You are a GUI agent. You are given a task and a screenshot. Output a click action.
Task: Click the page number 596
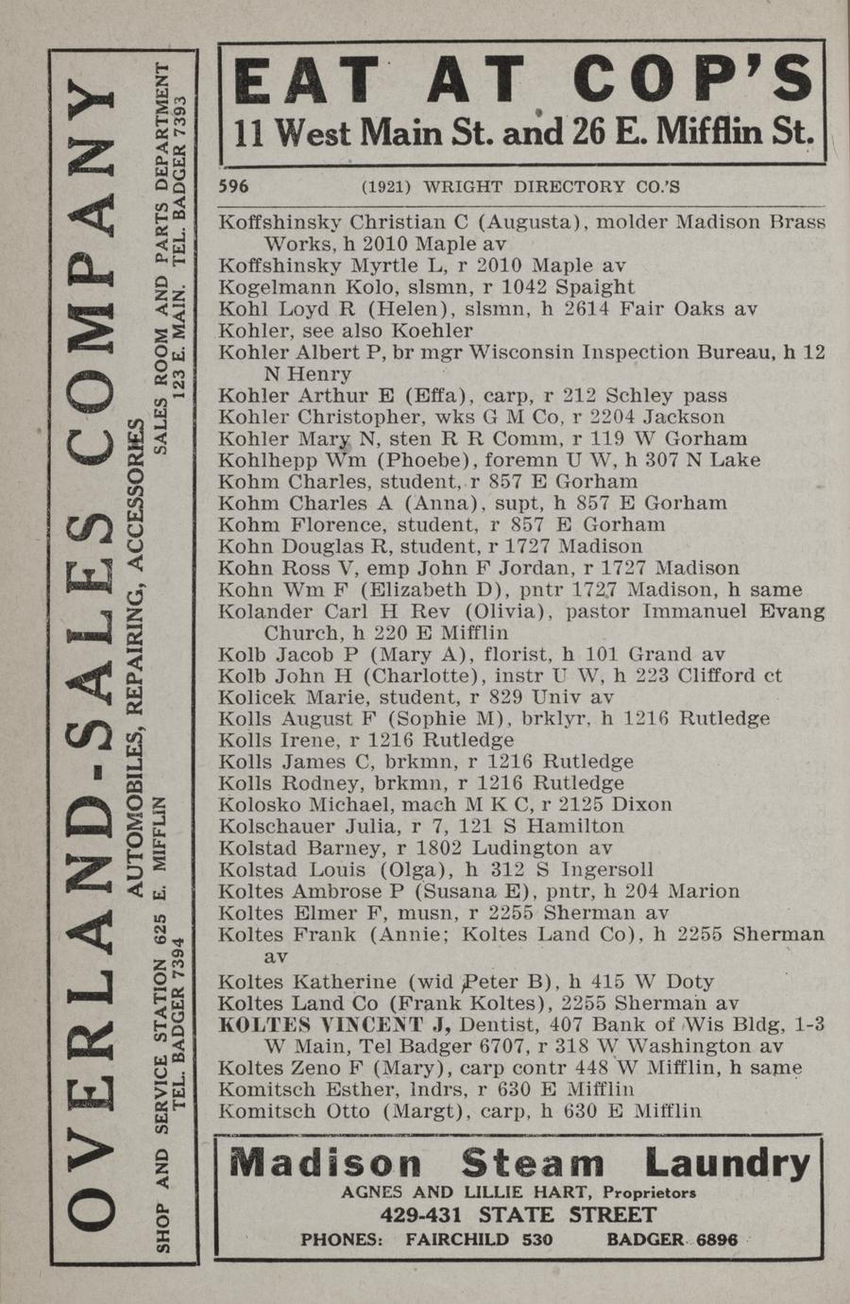tap(233, 187)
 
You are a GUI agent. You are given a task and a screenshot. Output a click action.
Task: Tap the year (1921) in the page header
tap(386, 187)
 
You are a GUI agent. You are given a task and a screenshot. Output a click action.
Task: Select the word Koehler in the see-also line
tap(431, 331)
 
